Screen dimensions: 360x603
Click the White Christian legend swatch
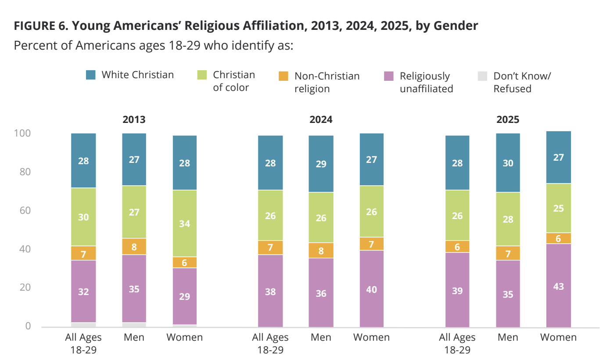point(91,75)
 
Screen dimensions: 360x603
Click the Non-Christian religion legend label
point(327,82)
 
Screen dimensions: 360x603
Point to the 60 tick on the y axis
point(25,210)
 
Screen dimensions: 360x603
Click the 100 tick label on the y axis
point(22,133)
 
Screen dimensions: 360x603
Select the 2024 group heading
point(321,120)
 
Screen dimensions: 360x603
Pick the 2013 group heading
point(134,120)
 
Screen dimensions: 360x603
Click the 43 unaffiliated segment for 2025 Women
point(559,286)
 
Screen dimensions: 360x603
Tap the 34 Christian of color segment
point(185,223)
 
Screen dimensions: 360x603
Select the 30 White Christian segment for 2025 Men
point(508,163)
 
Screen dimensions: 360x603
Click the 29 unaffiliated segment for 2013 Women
point(185,296)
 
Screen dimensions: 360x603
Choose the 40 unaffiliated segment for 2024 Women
point(371,289)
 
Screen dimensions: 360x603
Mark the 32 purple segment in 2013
point(83,292)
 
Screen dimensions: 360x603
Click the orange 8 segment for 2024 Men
point(321,251)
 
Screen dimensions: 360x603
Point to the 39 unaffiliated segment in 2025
point(457,290)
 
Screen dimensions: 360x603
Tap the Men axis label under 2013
point(134,338)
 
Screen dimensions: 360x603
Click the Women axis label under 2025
point(558,338)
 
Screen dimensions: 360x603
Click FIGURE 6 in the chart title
point(39,26)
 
